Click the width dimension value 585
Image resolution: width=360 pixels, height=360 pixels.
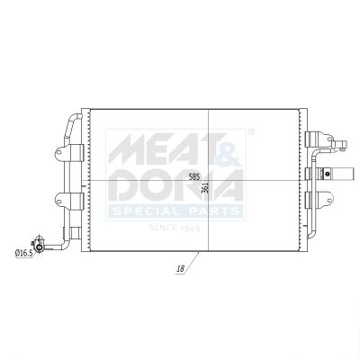(x=194, y=176)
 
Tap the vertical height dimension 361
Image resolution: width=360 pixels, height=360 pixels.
(x=205, y=188)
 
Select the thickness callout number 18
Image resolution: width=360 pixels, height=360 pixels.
(x=181, y=269)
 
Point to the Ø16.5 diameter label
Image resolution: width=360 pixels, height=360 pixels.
(x=23, y=254)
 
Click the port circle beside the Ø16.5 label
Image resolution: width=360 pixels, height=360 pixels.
(x=39, y=247)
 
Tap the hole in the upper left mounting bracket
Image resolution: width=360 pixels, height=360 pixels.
(x=59, y=152)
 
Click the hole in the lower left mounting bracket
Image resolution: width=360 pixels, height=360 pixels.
(x=59, y=200)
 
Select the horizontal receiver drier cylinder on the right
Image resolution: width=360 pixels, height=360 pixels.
(x=335, y=174)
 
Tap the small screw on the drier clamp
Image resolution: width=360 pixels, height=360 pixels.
(x=328, y=174)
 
